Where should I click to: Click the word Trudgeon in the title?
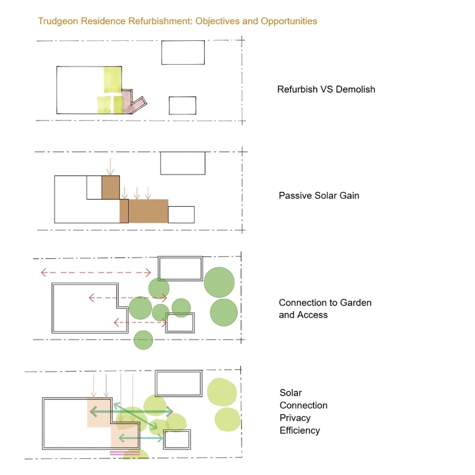coord(58,21)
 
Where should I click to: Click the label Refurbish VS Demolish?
coord(326,90)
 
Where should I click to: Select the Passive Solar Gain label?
coord(319,195)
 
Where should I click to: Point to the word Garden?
coord(356,303)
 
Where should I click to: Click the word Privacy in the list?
coord(295,418)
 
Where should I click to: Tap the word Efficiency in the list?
coord(300,430)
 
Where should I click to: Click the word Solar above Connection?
coord(290,393)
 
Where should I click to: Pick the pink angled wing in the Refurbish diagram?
coord(133,102)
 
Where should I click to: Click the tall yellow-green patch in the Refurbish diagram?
coord(113,80)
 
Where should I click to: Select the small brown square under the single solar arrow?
coord(110,188)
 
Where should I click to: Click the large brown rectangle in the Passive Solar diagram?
coord(148,211)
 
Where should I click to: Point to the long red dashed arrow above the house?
coord(96,273)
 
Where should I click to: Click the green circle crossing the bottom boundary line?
coord(143,340)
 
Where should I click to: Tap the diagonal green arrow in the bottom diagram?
coord(136,416)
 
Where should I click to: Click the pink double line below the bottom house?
coord(125,453)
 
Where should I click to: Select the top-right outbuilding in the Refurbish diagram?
coord(183,52)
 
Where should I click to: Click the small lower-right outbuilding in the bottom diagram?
coord(177,439)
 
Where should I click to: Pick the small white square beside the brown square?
coord(94,188)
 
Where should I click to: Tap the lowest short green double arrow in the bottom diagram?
coord(141,438)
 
